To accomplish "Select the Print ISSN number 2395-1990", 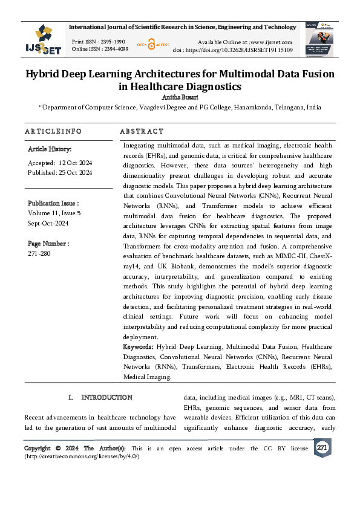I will (x=113, y=41).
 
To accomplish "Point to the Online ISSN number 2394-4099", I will (x=114, y=49).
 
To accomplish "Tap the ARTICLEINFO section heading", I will (x=53, y=131).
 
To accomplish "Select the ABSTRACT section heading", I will (x=142, y=131).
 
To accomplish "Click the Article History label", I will (x=50, y=149).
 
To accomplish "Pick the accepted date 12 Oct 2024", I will (x=75, y=163).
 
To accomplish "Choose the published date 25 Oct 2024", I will (x=75, y=172).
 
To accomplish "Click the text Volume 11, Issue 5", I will (x=54, y=213).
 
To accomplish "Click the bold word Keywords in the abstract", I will (x=138, y=347).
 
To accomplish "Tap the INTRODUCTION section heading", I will (x=106, y=397).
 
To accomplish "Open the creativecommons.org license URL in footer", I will (x=82, y=456).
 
